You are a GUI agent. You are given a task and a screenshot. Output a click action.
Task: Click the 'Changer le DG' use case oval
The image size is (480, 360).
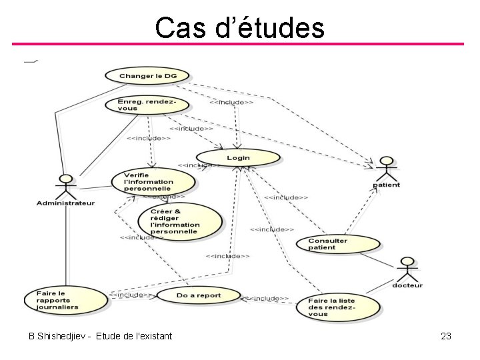pyautogui.click(x=148, y=76)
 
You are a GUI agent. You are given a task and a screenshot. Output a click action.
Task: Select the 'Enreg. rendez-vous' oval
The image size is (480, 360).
pyautogui.click(x=148, y=105)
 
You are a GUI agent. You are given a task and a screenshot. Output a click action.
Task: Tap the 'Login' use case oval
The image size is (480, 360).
pyautogui.click(x=239, y=158)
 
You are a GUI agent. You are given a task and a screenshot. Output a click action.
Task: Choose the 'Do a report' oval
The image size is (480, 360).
pyautogui.click(x=197, y=295)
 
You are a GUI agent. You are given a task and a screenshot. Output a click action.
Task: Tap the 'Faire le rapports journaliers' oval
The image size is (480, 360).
pyautogui.click(x=65, y=299)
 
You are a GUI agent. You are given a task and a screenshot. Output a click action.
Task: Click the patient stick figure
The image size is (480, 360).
pyautogui.click(x=386, y=169)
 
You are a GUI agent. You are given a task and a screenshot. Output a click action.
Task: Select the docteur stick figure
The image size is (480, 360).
pyautogui.click(x=406, y=269)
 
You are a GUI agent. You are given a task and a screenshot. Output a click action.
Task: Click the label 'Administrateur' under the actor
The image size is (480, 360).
pyautogui.click(x=65, y=203)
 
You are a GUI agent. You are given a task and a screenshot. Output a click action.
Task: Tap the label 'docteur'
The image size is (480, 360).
pyautogui.click(x=407, y=286)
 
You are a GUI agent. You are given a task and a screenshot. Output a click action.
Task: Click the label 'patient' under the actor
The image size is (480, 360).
pyautogui.click(x=386, y=185)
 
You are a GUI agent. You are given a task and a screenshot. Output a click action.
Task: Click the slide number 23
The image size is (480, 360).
pyautogui.click(x=446, y=336)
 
